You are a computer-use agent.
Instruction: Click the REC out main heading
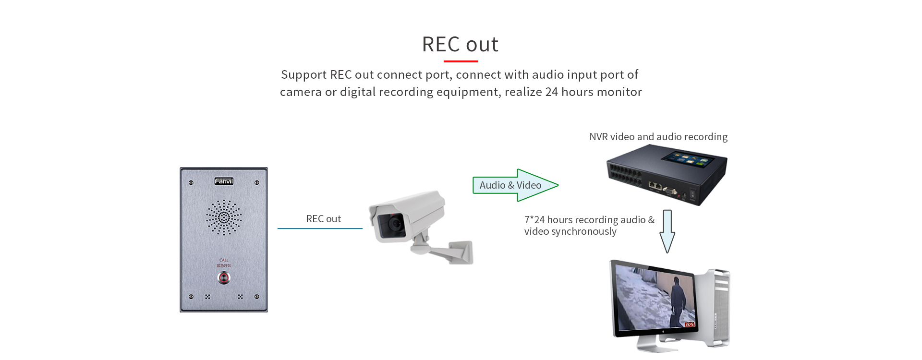click(x=460, y=44)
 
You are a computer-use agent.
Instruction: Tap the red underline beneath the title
click(x=461, y=61)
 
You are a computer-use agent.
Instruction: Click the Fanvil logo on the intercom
click(x=224, y=181)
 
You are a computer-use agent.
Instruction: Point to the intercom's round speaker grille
click(x=224, y=217)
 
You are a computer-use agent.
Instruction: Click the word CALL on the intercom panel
click(x=224, y=260)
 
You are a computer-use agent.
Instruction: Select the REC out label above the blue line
click(x=323, y=219)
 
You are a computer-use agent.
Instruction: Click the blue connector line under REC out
click(x=320, y=228)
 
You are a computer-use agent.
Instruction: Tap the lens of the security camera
click(x=395, y=223)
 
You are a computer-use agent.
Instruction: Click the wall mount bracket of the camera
click(x=456, y=252)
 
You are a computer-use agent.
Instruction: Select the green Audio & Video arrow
click(x=515, y=185)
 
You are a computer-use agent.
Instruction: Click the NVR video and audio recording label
click(x=658, y=137)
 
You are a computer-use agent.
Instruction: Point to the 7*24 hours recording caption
click(x=589, y=225)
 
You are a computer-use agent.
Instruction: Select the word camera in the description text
click(x=301, y=92)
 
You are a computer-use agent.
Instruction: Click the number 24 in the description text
click(x=551, y=92)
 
